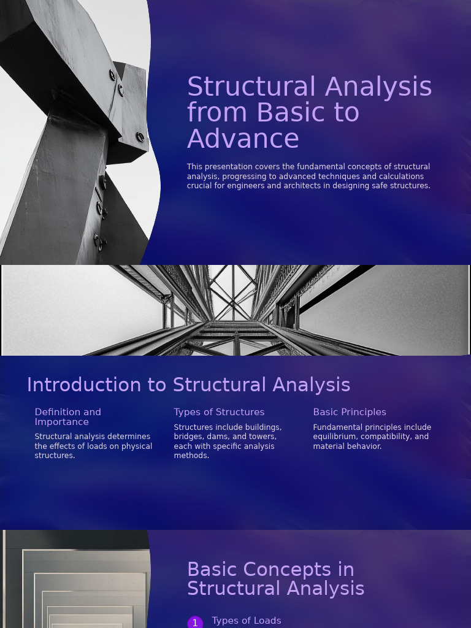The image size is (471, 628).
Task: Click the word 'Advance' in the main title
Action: tap(243, 139)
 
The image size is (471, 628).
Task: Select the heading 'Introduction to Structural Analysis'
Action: tap(188, 385)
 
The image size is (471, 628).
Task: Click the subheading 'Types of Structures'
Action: tap(219, 412)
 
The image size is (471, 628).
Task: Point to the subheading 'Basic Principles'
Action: tap(350, 412)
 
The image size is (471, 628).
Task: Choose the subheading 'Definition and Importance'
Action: tap(67, 417)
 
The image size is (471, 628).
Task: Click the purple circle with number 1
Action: tap(195, 622)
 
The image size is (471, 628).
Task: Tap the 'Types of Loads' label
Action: tap(247, 621)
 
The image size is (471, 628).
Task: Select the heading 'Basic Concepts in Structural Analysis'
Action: tap(275, 579)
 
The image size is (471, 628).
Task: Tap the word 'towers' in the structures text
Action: tap(263, 437)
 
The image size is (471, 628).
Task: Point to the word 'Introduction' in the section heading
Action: tap(84, 385)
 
